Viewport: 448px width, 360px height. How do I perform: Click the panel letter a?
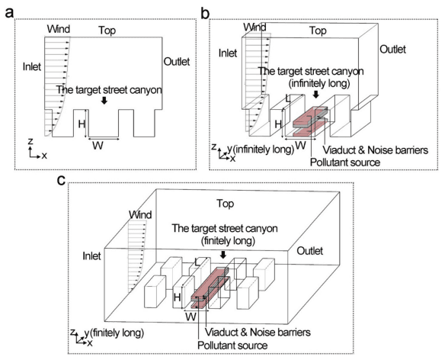click(x=9, y=10)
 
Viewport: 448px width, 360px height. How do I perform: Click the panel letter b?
click(x=204, y=10)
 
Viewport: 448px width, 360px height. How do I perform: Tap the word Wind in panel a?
click(x=59, y=30)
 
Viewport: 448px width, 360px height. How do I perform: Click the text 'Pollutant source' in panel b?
click(x=346, y=162)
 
